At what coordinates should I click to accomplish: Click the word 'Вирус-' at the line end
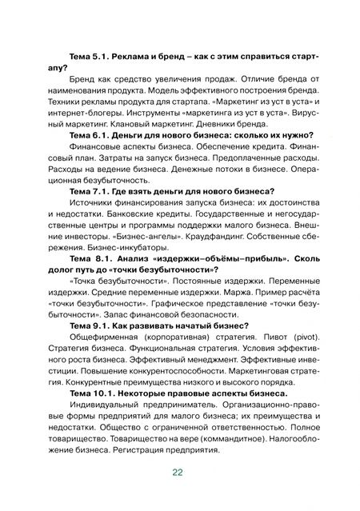306,111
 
